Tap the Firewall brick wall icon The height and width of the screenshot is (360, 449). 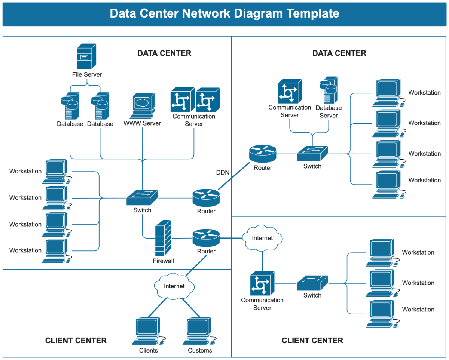pyautogui.click(x=163, y=238)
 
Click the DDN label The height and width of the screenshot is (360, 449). pyautogui.click(x=223, y=173)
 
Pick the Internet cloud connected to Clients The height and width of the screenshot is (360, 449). pyautogui.click(x=174, y=286)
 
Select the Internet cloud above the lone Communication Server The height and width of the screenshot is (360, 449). pyautogui.click(x=262, y=238)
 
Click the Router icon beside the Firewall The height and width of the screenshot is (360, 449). pyautogui.click(x=206, y=238)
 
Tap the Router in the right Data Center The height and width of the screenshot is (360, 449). pyautogui.click(x=263, y=154)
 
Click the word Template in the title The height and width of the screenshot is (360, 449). pyautogui.click(x=313, y=13)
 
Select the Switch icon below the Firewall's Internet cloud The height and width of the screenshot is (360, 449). pyautogui.click(x=312, y=283)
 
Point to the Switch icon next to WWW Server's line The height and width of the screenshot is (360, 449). pyautogui.click(x=142, y=197)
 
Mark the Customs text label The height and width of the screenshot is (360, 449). pyautogui.click(x=200, y=351)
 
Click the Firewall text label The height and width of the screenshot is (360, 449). pyautogui.click(x=163, y=261)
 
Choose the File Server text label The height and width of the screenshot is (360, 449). pyautogui.click(x=87, y=74)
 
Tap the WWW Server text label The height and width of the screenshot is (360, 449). pyautogui.click(x=142, y=123)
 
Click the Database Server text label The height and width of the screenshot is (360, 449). pyautogui.click(x=329, y=111)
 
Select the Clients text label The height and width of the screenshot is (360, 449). pyautogui.click(x=148, y=351)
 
